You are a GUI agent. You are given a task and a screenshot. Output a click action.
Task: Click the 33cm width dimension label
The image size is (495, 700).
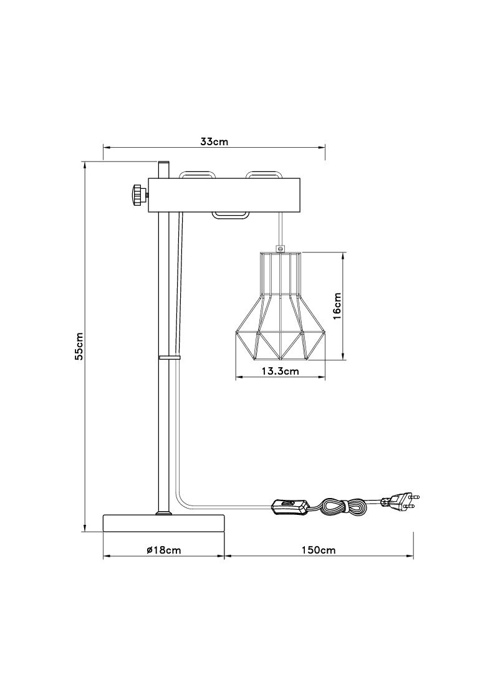pos(214,142)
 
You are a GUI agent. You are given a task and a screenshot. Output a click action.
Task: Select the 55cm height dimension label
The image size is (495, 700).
pos(79,346)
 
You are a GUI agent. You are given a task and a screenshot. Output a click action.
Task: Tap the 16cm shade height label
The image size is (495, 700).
pos(337,306)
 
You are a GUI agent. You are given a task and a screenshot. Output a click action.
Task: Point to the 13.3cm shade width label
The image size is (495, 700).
pos(280,370)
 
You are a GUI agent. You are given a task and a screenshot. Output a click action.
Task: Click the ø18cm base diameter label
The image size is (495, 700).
pos(164,550)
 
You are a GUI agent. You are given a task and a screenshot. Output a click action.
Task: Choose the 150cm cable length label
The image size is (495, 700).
pos(318,550)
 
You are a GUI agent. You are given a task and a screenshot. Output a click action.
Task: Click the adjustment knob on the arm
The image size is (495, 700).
pos(139,194)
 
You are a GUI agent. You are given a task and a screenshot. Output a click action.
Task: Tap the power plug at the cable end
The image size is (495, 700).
pos(400,502)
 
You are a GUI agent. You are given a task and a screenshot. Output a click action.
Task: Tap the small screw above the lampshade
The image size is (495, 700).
pos(281,247)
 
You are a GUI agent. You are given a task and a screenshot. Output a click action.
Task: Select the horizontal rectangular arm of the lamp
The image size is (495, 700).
pos(225,194)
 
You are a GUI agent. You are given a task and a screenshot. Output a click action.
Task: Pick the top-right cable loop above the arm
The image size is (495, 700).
pos(263,172)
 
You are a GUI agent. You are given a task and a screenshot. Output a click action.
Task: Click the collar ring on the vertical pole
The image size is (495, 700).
pos(169,358)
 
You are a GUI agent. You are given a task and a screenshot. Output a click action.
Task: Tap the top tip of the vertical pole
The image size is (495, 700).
pos(163,161)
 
